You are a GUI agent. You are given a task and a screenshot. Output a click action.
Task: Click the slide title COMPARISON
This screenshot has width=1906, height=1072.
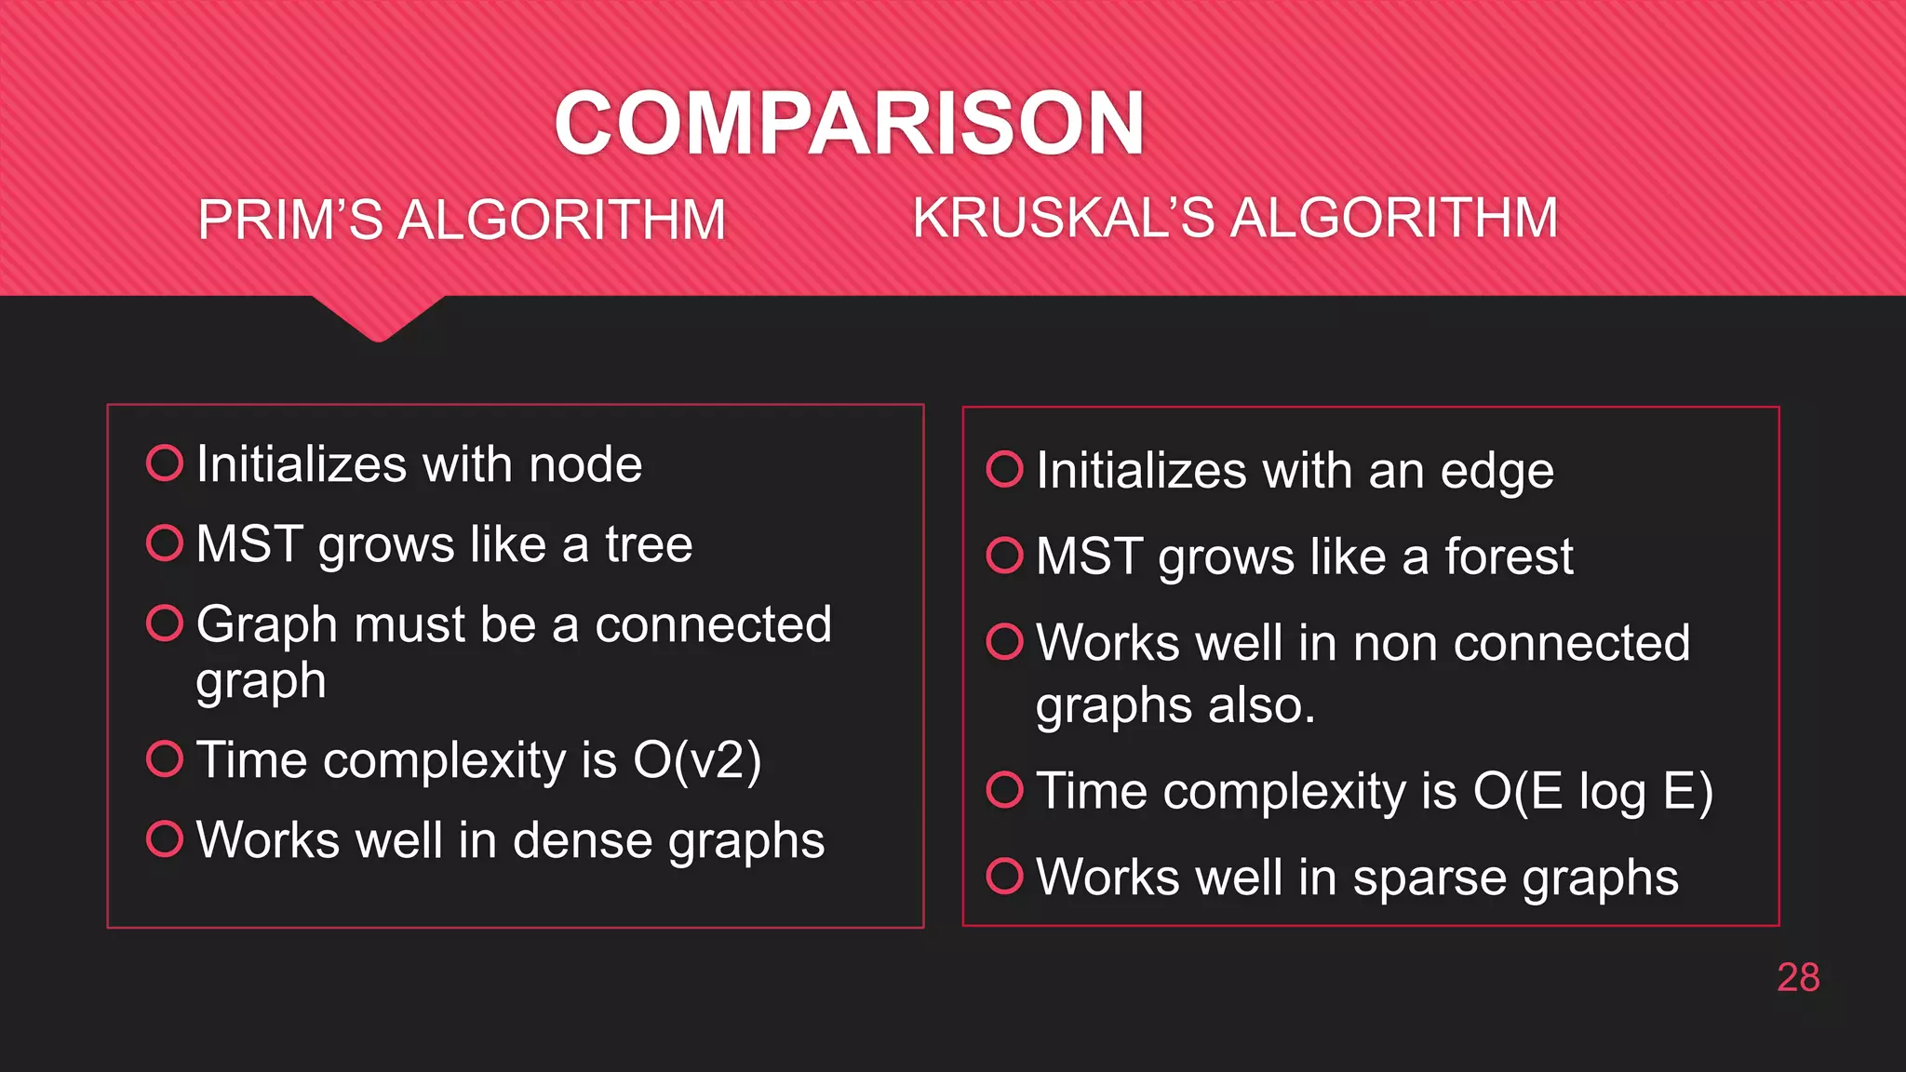click(x=849, y=123)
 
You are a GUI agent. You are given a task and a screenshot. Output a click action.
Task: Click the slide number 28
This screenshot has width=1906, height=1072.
click(x=1797, y=978)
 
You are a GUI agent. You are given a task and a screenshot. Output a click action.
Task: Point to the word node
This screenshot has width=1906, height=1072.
click(x=585, y=464)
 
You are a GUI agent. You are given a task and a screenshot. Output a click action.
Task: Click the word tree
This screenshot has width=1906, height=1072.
click(x=649, y=544)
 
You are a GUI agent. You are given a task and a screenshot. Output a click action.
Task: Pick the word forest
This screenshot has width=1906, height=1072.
click(x=1509, y=556)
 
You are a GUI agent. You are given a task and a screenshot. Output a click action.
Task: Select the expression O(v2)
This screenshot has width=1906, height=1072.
click(x=697, y=761)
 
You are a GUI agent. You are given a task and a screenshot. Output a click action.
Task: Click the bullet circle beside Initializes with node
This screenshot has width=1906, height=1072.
click(x=165, y=462)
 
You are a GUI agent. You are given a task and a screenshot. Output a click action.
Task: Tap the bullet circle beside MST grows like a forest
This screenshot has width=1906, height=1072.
click(x=1004, y=556)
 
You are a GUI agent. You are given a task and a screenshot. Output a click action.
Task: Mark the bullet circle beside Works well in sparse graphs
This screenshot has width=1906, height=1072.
click(x=1004, y=876)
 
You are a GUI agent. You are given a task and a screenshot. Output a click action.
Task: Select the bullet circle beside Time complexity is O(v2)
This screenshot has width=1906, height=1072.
click(x=165, y=758)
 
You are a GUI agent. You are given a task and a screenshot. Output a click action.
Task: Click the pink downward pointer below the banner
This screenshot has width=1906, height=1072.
click(x=378, y=319)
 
